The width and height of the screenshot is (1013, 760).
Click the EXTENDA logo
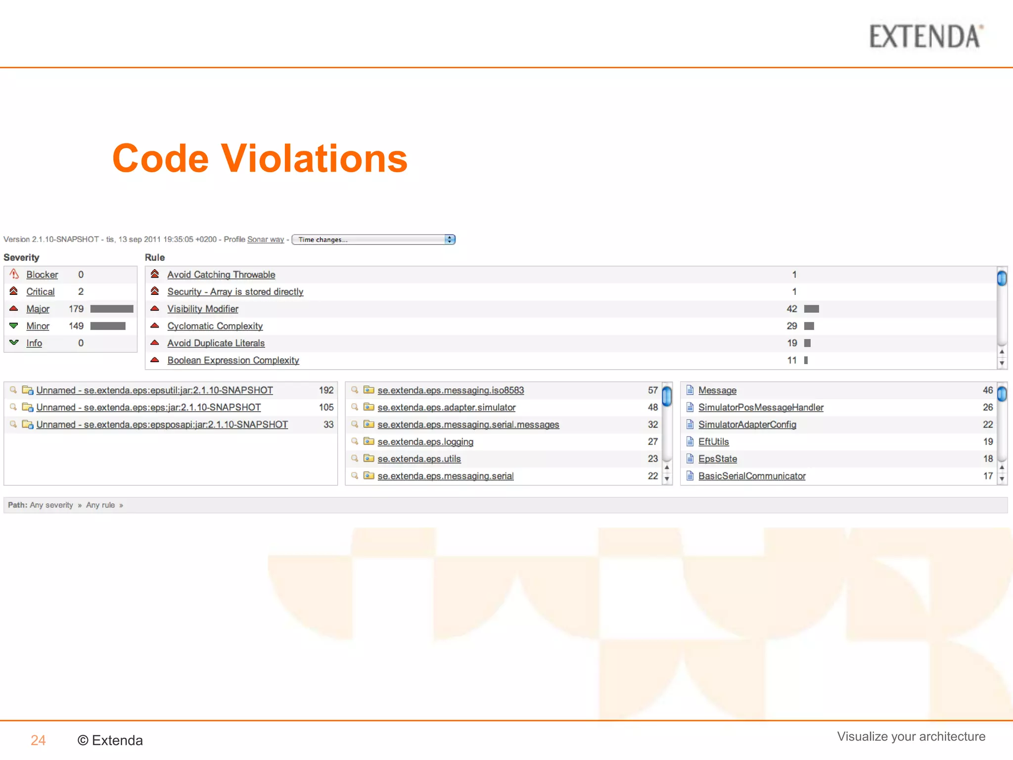click(925, 37)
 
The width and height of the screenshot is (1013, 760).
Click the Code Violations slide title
click(260, 159)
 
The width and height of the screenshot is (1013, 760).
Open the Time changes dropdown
click(373, 239)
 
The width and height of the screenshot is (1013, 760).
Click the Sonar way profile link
click(265, 239)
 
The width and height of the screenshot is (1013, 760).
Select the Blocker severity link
click(42, 275)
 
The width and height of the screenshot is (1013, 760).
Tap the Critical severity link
click(40, 292)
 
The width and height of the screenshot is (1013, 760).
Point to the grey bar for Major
click(112, 309)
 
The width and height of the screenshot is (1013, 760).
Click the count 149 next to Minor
click(76, 326)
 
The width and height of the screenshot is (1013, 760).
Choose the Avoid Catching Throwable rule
click(221, 275)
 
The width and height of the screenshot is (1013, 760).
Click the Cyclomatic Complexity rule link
click(215, 326)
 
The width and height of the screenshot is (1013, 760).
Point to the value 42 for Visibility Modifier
click(791, 309)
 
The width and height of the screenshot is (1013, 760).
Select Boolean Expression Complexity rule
click(233, 360)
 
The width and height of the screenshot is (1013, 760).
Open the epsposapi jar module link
click(162, 425)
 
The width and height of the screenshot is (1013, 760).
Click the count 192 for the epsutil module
click(326, 390)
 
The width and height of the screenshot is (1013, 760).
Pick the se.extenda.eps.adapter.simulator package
click(446, 408)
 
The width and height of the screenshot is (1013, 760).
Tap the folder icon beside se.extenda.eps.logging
click(368, 441)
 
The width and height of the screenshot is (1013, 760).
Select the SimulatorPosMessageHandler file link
click(761, 408)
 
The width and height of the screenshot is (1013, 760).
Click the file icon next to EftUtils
click(690, 441)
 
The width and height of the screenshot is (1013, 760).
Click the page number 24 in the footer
click(38, 740)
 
